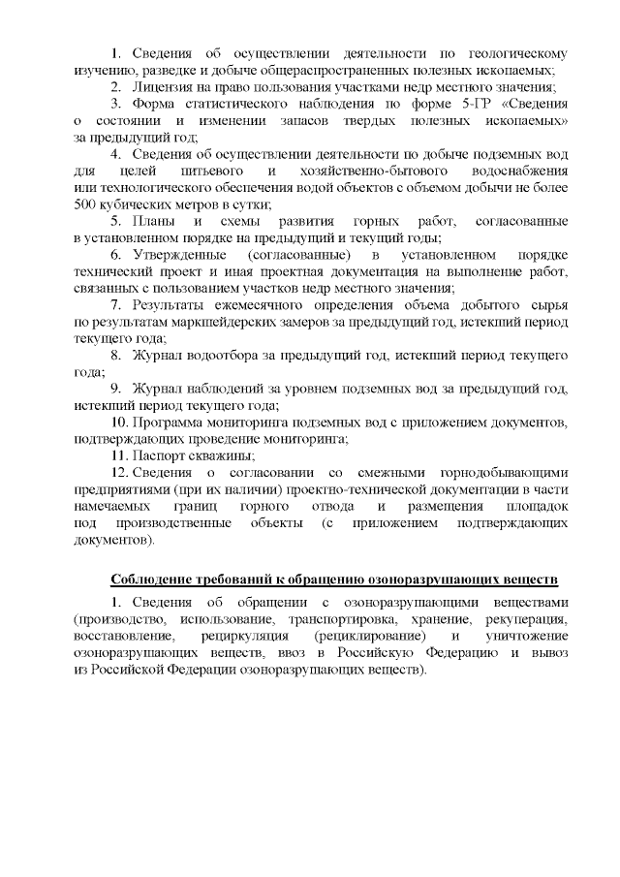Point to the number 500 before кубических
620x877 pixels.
point(88,204)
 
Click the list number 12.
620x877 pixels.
point(120,472)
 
